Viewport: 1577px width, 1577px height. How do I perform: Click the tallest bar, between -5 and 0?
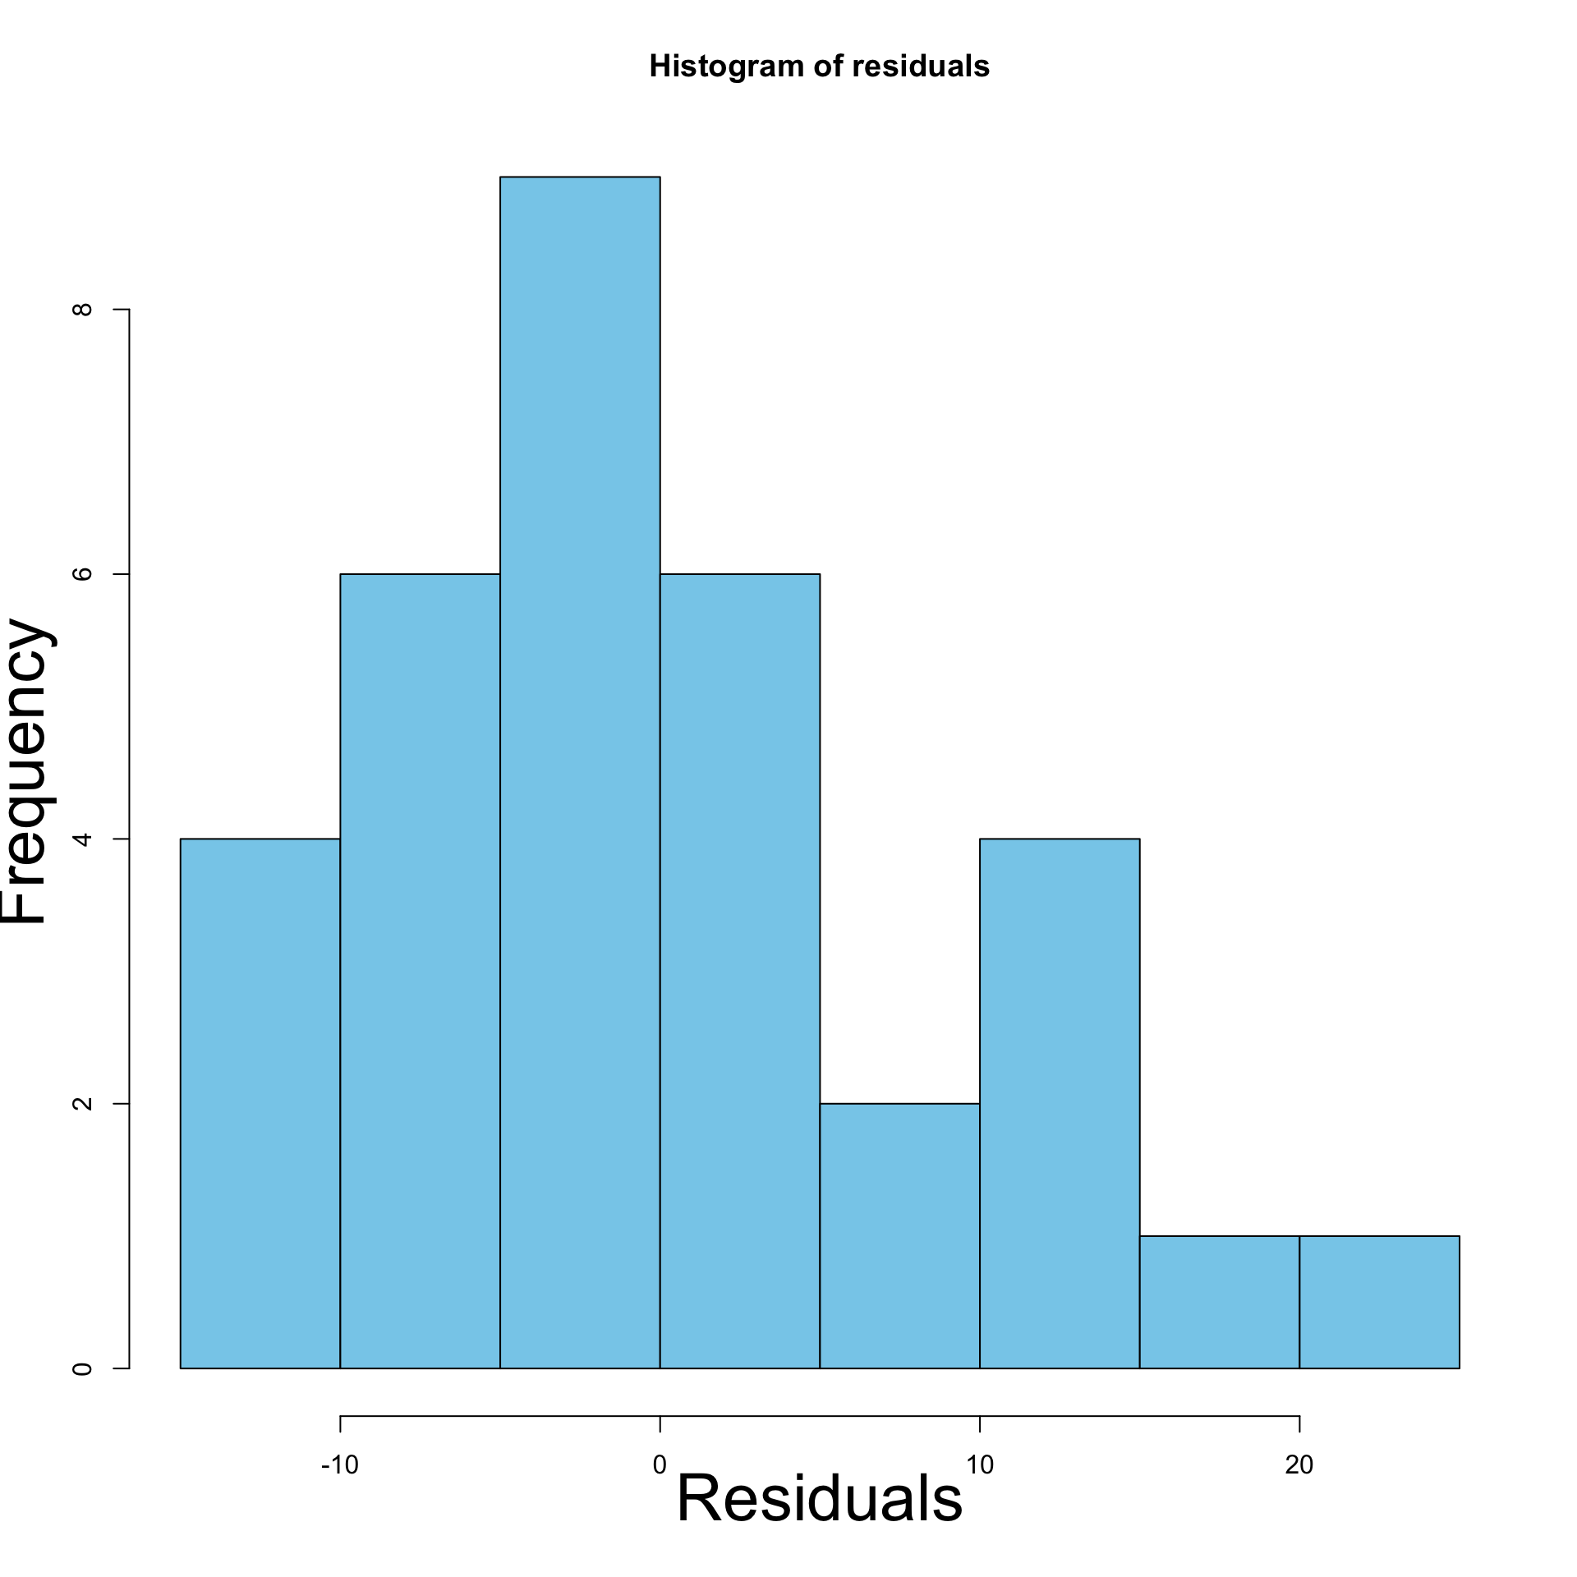coord(580,772)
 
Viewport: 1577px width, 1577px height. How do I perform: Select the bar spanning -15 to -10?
coord(260,1103)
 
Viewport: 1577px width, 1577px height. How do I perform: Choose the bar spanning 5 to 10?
coord(899,1235)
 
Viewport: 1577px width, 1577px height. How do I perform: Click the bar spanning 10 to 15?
coord(1060,1103)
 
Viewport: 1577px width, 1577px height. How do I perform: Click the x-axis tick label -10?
coord(339,1464)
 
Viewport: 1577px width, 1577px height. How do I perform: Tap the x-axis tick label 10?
coord(979,1464)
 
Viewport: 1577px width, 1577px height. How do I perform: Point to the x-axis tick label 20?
coord(1299,1464)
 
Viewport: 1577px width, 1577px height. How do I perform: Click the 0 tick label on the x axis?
coord(660,1464)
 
